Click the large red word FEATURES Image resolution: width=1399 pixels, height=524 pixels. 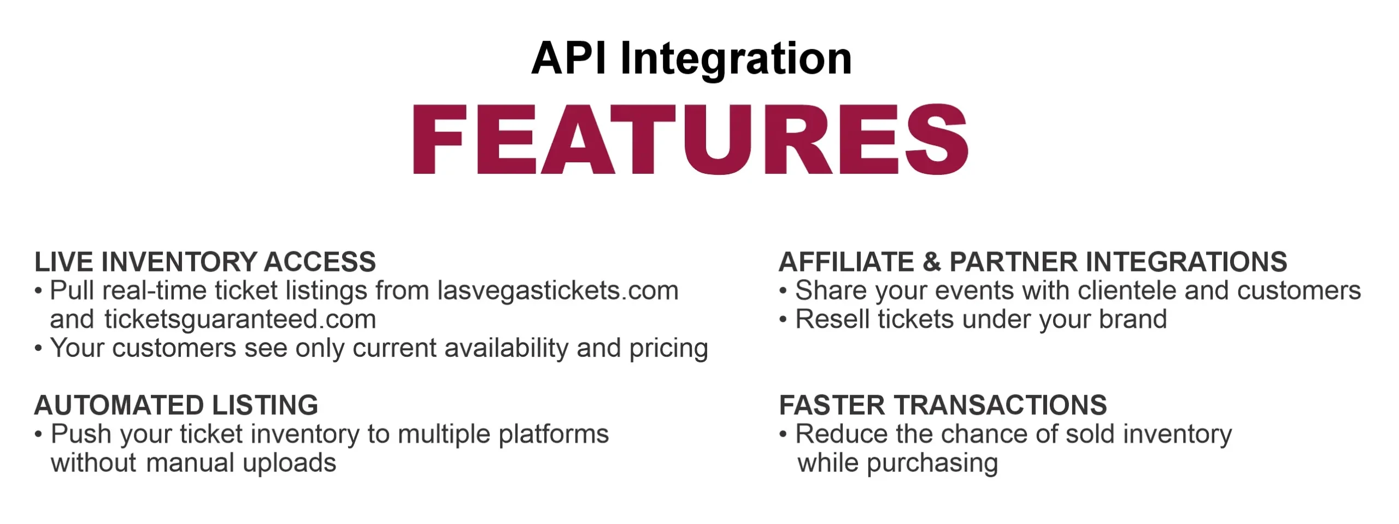coord(691,139)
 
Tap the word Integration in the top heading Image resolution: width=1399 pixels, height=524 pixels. coord(736,60)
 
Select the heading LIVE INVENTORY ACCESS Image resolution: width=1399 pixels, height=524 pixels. coord(205,262)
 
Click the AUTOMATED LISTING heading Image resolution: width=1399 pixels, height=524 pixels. coord(176,405)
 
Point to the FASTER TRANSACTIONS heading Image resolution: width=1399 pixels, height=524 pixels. coord(943,405)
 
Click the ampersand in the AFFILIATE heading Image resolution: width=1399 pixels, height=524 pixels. coord(932,262)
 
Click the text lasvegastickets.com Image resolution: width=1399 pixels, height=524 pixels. coord(557,290)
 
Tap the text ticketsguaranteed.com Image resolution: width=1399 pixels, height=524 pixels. coord(240,320)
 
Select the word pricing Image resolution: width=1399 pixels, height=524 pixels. coord(668,349)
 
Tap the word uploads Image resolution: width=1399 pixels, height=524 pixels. coord(289,464)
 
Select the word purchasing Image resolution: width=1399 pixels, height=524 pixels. coord(932,464)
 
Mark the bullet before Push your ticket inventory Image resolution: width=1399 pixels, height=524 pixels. coord(38,435)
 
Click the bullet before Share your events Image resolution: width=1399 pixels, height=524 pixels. coord(783,291)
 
